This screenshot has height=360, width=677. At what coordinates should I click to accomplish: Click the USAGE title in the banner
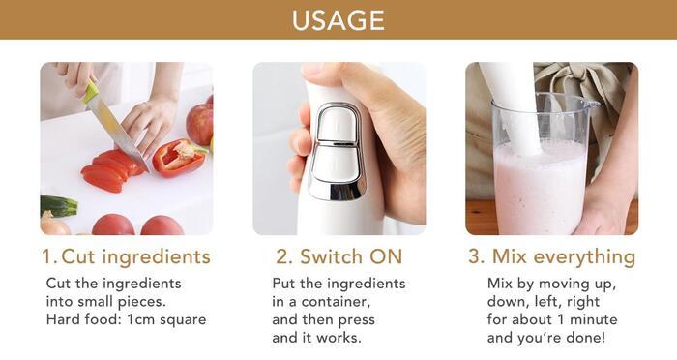[338, 20]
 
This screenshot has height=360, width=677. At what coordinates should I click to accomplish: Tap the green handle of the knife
[91, 92]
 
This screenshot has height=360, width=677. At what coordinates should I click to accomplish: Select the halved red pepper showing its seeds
[178, 158]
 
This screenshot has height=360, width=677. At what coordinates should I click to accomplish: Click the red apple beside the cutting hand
[200, 123]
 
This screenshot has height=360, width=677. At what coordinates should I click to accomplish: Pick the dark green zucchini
[59, 206]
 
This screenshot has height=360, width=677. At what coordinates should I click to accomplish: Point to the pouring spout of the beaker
[592, 104]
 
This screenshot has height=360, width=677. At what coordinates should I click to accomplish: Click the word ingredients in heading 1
[157, 256]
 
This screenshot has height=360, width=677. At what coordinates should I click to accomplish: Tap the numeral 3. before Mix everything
[477, 256]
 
